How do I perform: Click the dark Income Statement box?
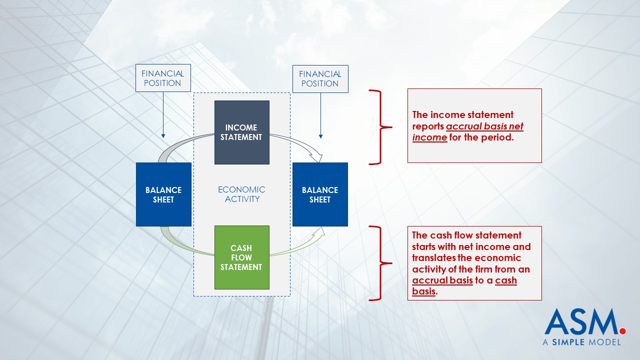[x=241, y=132]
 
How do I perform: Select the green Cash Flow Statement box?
[x=241, y=257]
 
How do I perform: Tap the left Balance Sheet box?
[x=163, y=194]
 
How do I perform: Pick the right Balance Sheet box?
[x=320, y=194]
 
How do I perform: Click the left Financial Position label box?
[x=163, y=78]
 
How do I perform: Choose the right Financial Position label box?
[x=320, y=79]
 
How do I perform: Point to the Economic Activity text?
[x=241, y=194]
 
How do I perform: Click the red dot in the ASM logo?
[x=623, y=331]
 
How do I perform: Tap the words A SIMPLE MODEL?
[x=582, y=342]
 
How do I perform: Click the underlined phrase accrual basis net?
[x=484, y=126]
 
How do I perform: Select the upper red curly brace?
[x=380, y=127]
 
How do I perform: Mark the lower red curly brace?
[x=380, y=263]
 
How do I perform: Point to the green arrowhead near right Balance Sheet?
[x=319, y=231]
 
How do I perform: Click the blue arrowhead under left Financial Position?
[x=163, y=136]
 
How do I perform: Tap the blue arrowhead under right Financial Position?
[x=320, y=136]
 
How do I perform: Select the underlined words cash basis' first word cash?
[x=505, y=280]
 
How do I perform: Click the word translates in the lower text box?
[x=433, y=258]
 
